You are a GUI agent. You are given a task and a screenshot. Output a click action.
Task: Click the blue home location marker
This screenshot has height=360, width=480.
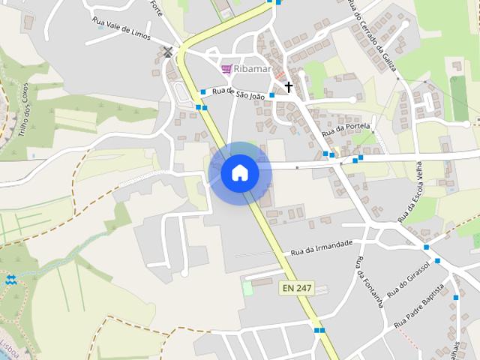tap(240, 173)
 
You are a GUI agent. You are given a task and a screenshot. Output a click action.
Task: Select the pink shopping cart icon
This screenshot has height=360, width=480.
tap(226, 69)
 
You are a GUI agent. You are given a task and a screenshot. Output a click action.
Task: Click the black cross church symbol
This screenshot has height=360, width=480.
tap(289, 87)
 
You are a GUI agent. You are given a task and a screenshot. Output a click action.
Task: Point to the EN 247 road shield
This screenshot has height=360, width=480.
tap(298, 288)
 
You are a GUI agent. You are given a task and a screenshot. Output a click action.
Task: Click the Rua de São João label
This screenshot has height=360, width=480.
tap(238, 94)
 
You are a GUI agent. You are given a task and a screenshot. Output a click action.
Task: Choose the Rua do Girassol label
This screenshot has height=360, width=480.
tap(409, 279)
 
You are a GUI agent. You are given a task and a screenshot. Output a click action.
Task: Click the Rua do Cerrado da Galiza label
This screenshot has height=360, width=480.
tap(372, 35)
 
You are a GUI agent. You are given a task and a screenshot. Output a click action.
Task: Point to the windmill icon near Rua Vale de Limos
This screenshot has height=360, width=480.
tap(168, 52)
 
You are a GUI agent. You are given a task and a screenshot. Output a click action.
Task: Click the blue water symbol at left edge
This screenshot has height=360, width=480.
tap(10, 280)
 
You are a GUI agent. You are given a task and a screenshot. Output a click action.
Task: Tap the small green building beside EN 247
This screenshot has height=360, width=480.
tap(247, 288)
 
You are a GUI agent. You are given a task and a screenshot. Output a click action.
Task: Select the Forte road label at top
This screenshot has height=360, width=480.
tap(156, 8)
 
